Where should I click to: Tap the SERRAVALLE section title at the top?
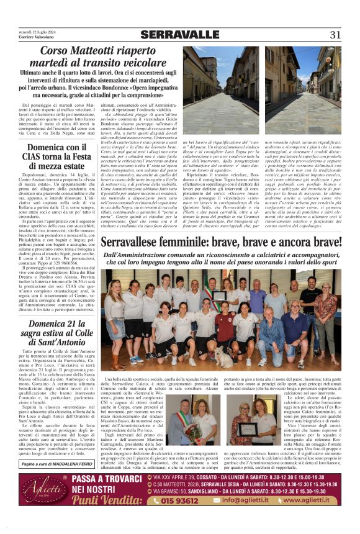(180, 35)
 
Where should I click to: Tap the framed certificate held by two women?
(248, 428)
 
